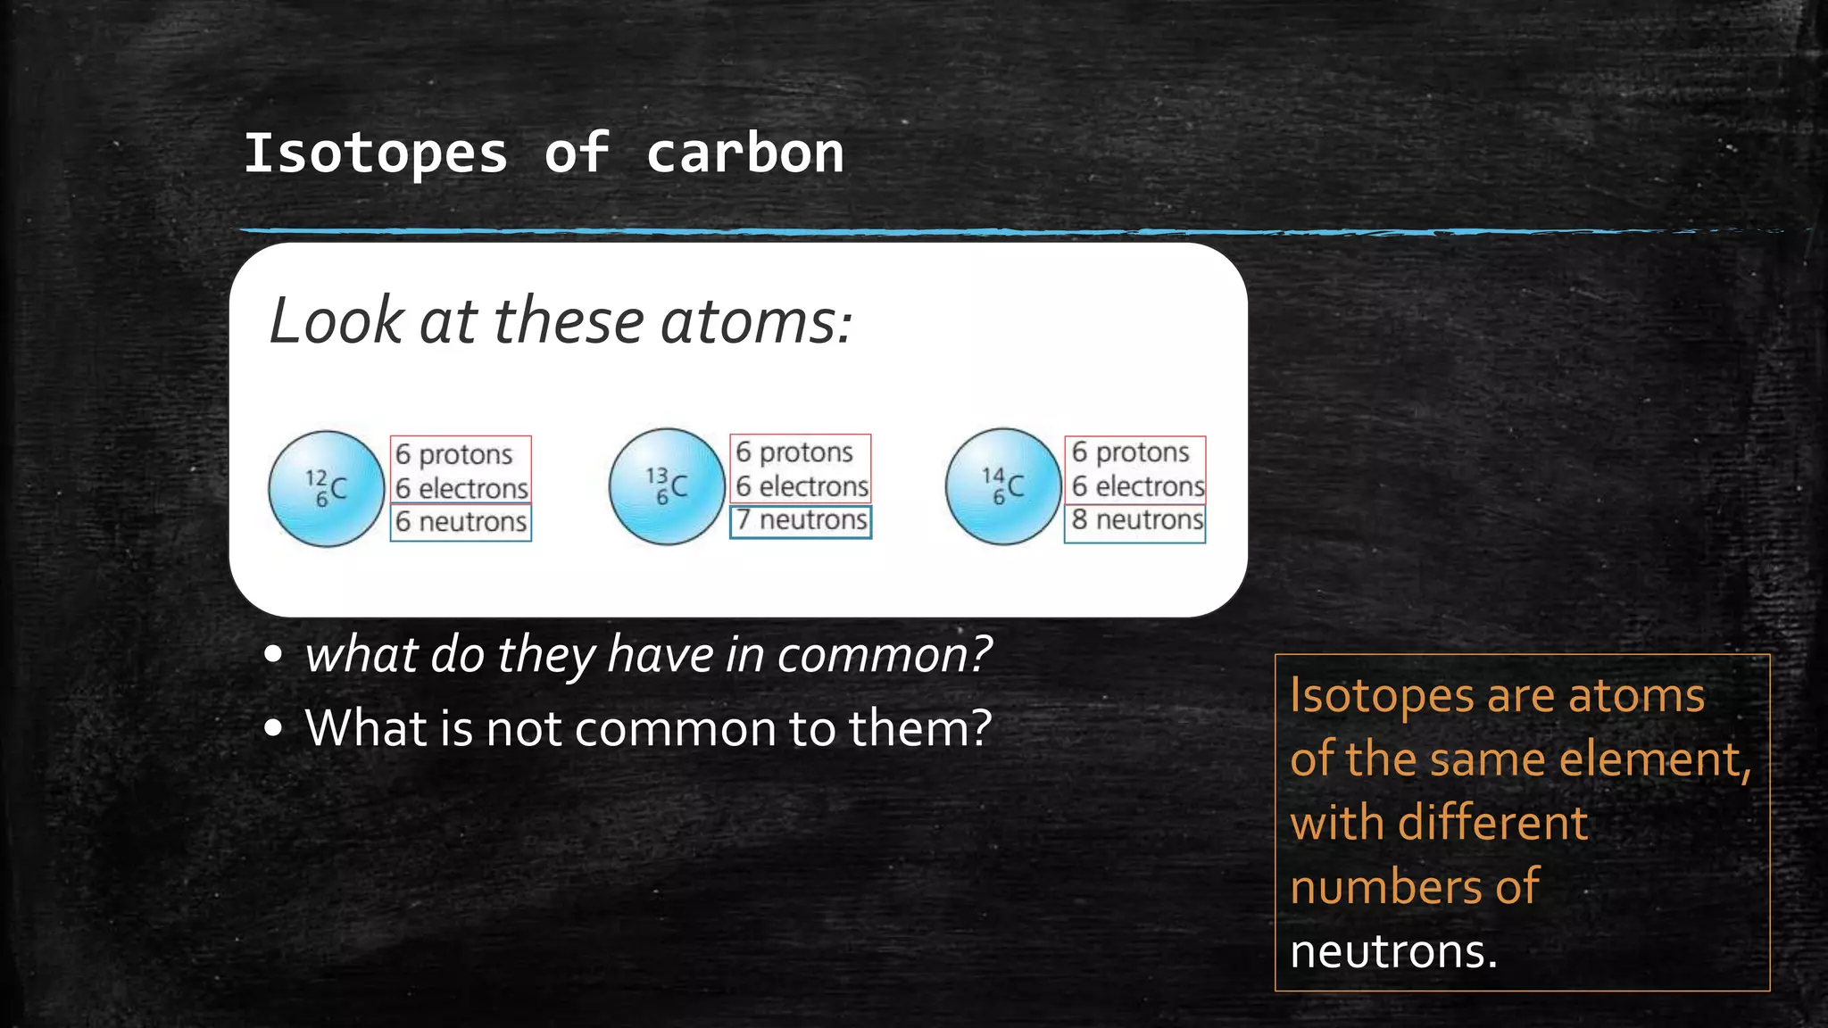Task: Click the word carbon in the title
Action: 744,153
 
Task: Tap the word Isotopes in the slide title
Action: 376,153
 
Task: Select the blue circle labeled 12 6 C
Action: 326,488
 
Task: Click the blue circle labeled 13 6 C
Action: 667,486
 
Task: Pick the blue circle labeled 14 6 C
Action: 1003,486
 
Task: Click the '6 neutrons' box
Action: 461,522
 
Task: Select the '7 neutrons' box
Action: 801,520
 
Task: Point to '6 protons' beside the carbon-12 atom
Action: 453,454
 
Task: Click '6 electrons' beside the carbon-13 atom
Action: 802,486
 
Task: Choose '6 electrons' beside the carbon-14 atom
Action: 1137,486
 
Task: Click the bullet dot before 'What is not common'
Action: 274,728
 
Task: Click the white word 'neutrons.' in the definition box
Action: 1393,951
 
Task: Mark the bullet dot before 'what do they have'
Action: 274,654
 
